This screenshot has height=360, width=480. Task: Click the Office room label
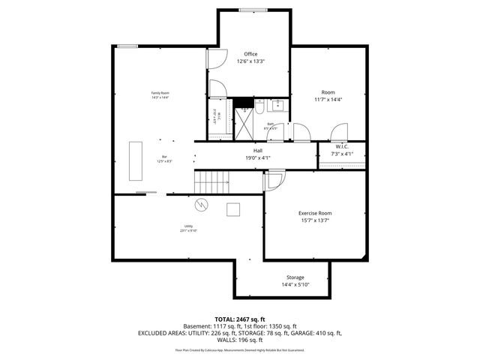[250, 54]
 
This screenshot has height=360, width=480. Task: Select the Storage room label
[295, 277]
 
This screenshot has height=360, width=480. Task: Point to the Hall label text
[257, 151]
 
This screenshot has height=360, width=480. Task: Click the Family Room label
[160, 93]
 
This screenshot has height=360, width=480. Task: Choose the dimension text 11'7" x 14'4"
[328, 100]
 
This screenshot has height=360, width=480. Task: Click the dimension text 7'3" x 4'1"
[341, 154]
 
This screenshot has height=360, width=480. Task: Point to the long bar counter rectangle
[136, 159]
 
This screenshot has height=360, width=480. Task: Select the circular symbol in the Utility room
[201, 204]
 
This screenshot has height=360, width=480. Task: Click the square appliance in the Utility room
[233, 208]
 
